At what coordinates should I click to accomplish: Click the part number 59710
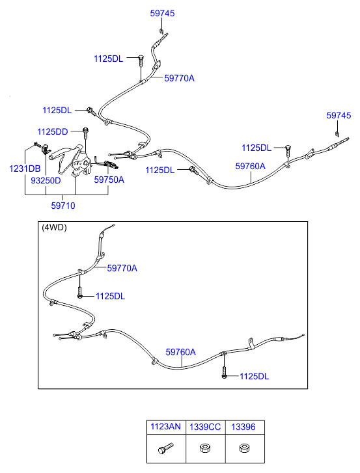[x=63, y=206]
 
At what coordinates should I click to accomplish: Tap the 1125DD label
[x=53, y=132]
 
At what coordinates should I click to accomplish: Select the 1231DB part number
[x=25, y=169]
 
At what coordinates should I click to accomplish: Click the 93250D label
[x=46, y=180]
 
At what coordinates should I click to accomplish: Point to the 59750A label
[x=109, y=180]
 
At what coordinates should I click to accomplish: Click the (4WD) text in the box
[x=54, y=228]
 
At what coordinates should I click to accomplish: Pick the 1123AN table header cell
[x=165, y=427]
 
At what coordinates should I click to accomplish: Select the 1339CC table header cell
[x=205, y=427]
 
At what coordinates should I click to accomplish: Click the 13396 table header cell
[x=243, y=427]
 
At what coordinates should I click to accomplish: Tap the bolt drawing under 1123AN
[x=165, y=448]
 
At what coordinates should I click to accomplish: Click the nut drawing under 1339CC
[x=205, y=448]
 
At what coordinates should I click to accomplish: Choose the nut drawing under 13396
[x=243, y=448]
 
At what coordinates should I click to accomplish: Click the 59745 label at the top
[x=162, y=13]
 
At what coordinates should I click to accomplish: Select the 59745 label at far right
[x=339, y=116]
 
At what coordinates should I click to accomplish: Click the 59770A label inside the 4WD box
[x=122, y=268]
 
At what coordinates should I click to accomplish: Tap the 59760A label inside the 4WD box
[x=180, y=352]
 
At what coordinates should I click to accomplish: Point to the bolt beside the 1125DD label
[x=86, y=133]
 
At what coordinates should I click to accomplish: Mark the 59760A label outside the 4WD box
[x=250, y=166]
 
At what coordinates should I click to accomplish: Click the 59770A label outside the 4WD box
[x=179, y=79]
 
